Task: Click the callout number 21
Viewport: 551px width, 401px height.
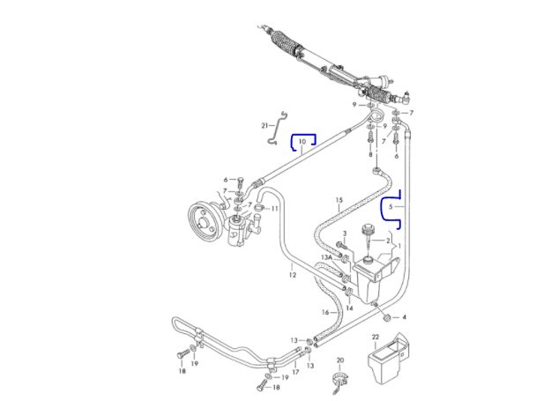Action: point(265,125)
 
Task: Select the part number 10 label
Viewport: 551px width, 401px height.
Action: point(302,142)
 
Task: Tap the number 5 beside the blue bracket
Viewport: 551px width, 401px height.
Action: point(391,207)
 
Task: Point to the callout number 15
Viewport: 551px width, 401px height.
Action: point(339,200)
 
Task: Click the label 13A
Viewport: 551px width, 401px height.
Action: point(326,257)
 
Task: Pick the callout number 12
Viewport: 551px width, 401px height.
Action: point(293,275)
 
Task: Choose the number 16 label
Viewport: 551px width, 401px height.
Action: point(325,312)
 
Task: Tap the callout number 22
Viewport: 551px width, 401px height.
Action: point(376,337)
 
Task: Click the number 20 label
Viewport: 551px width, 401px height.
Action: point(340,360)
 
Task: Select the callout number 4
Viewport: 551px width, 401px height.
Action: point(404,317)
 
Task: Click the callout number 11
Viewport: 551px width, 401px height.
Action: point(274,209)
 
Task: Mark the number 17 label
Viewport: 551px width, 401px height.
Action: point(295,372)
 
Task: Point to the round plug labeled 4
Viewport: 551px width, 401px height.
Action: point(387,318)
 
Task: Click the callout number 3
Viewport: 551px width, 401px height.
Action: point(345,234)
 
